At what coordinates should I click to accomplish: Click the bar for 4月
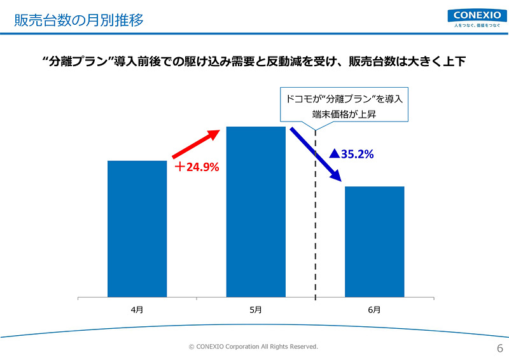tap(137, 229)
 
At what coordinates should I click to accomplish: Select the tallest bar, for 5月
tap(256, 212)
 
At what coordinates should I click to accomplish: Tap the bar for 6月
tap(374, 242)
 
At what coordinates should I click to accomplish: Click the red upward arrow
tap(195, 144)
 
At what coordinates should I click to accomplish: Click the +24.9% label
tap(197, 168)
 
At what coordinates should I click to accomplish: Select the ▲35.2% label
tap(351, 153)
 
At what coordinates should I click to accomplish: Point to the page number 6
tap(499, 348)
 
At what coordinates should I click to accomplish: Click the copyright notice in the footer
tap(253, 347)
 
